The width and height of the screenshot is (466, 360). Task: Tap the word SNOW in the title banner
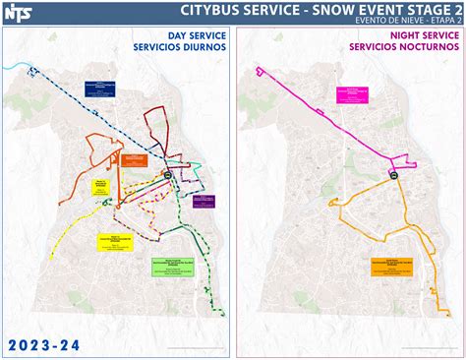pos(333,10)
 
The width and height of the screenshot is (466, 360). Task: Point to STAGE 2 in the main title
pos(432,10)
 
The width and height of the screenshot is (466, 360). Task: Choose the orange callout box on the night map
pos(390,264)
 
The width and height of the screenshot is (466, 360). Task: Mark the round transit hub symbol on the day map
pos(168,177)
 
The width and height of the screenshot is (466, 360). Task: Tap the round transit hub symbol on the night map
pos(392,177)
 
